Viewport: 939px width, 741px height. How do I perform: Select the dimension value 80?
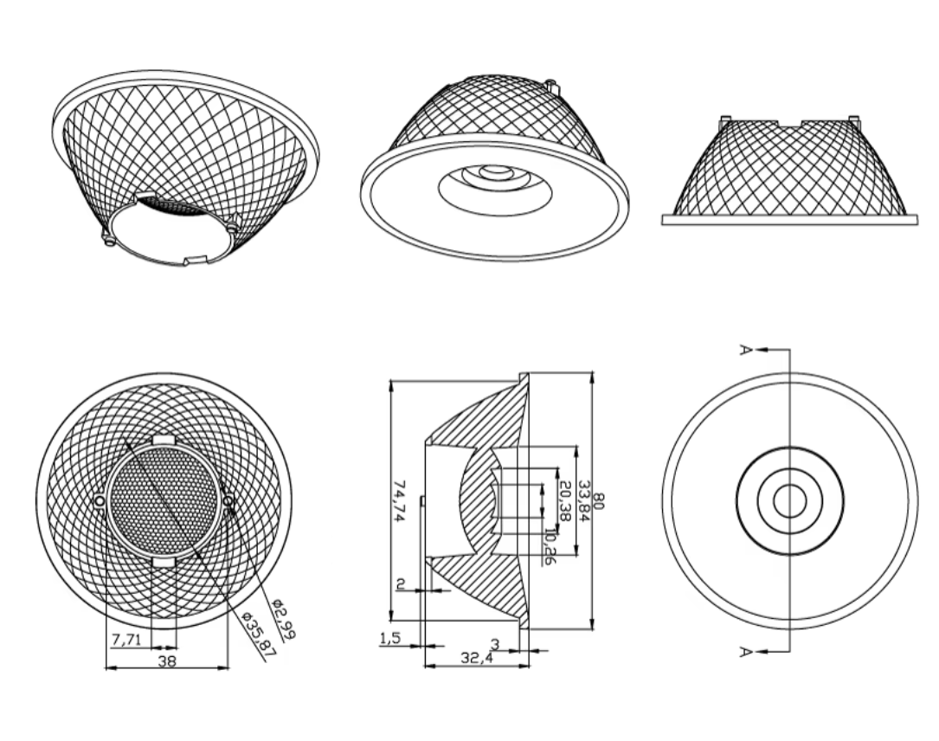pyautogui.click(x=600, y=500)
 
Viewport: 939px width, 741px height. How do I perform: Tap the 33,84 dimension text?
pyautogui.click(x=584, y=500)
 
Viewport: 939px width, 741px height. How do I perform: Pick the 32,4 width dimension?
pyautogui.click(x=477, y=658)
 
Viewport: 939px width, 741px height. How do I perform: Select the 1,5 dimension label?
pyautogui.click(x=389, y=639)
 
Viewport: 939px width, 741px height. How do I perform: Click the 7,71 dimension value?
pyautogui.click(x=126, y=640)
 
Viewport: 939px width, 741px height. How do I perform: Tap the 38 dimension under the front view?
pyautogui.click(x=167, y=661)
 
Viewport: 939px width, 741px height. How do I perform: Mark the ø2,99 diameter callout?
pyautogui.click(x=283, y=619)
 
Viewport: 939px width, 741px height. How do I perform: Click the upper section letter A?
pyautogui.click(x=745, y=349)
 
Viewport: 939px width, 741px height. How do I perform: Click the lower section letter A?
pyautogui.click(x=745, y=651)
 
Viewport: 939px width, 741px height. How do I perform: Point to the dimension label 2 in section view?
pyautogui.click(x=402, y=583)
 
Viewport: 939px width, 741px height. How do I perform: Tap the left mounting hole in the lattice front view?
pyautogui.click(x=100, y=501)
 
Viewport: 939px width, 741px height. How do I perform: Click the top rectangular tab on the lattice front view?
pyautogui.click(x=164, y=440)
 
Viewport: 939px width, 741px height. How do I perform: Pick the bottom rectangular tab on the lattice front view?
pyautogui.click(x=164, y=562)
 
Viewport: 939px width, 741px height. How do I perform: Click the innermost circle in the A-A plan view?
pyautogui.click(x=790, y=501)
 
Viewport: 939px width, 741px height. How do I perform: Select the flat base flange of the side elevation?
pyautogui.click(x=789, y=220)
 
